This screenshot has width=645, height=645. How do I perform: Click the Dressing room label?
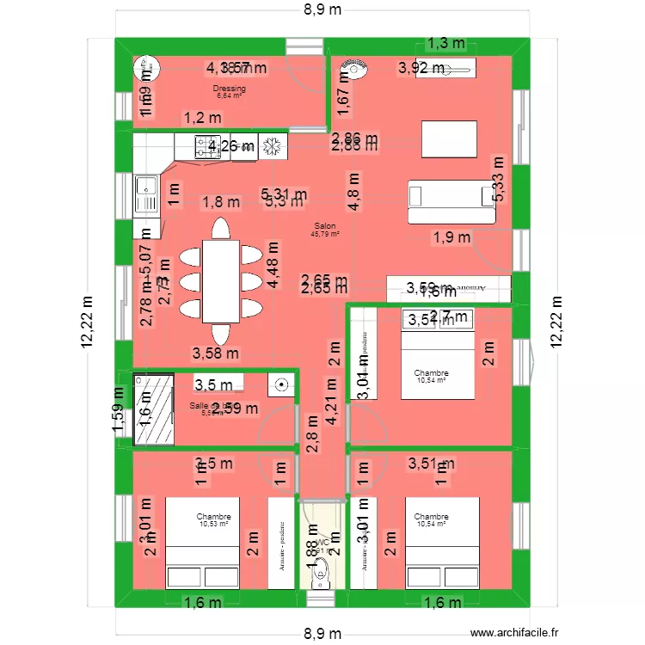tap(230, 89)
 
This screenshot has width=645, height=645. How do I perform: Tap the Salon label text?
tap(325, 225)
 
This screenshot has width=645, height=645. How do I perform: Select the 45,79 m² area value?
tap(325, 233)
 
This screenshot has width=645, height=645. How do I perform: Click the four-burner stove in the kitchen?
tap(206, 146)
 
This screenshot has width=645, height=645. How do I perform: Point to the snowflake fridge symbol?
tap(273, 146)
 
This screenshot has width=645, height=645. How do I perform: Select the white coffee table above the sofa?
tap(449, 139)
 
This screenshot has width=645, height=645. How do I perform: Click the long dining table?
tap(221, 281)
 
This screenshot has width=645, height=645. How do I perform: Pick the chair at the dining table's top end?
tap(221, 229)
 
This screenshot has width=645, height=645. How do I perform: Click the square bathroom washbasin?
tap(280, 384)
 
